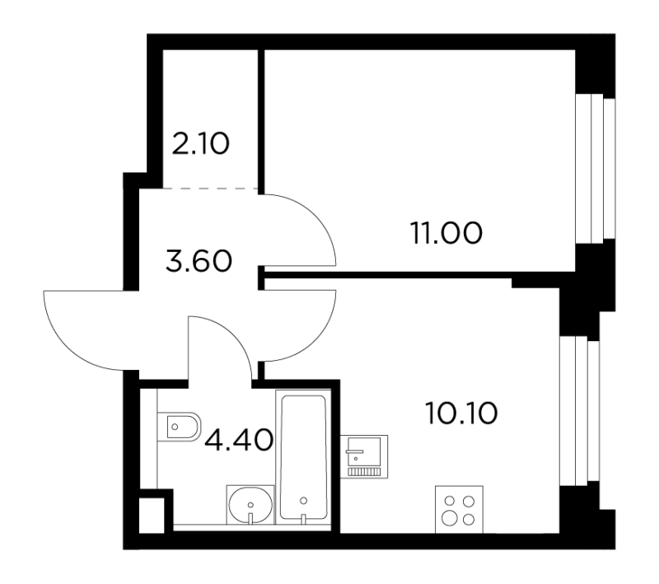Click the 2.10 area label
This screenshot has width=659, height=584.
click(x=201, y=143)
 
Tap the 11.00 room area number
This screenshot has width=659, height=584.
click(x=446, y=233)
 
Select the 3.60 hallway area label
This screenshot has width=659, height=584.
click(x=199, y=261)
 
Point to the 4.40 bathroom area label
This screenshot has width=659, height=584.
click(x=239, y=441)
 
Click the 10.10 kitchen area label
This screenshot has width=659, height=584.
click(x=461, y=413)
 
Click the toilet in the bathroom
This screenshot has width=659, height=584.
click(x=179, y=427)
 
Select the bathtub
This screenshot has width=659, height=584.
click(x=303, y=457)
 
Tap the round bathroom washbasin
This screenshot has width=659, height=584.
click(x=250, y=504)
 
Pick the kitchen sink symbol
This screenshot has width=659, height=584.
click(x=364, y=456)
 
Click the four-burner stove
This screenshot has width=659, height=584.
click(x=459, y=510)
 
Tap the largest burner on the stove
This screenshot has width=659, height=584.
click(x=450, y=519)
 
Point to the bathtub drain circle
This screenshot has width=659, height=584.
click(x=303, y=500)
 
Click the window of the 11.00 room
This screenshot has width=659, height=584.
click(x=595, y=169)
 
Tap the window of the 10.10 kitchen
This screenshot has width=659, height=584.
click(x=579, y=411)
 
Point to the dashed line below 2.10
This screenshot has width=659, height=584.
click(x=210, y=189)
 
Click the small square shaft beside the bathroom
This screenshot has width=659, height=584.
click(x=152, y=515)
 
